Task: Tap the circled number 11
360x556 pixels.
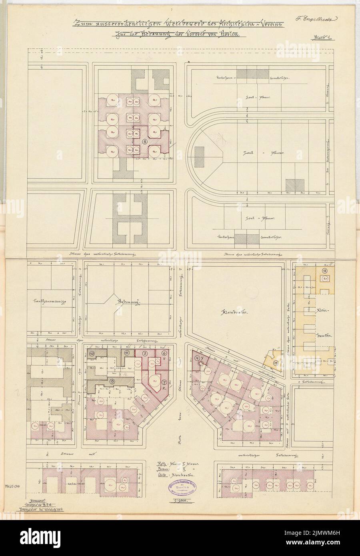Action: [127, 353]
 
